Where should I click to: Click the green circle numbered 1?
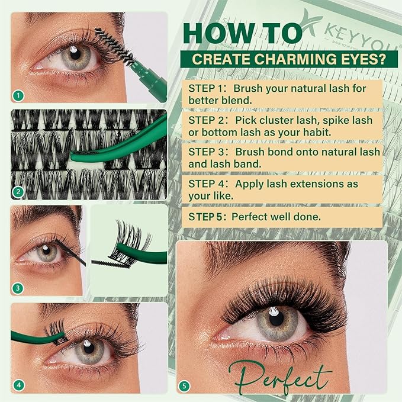(19, 94)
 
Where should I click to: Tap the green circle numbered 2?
(19, 191)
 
